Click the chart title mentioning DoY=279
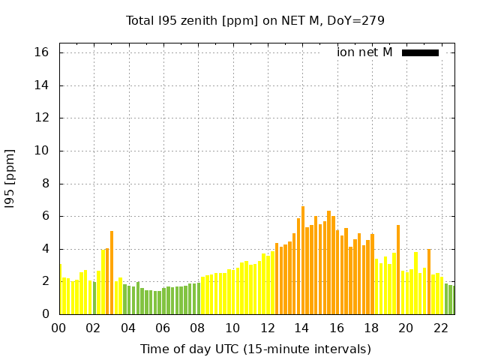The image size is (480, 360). coord(255,20)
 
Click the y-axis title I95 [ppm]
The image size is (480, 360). coord(10,178)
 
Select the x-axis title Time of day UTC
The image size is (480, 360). coord(255,349)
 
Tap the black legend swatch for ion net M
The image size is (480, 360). coord(420,52)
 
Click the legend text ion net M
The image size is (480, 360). coord(364,52)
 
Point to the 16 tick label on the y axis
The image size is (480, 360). coord(42,52)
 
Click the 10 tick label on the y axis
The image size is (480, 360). coord(42,151)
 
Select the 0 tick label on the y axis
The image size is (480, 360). coord(46,314)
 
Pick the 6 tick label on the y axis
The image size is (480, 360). coord(46,216)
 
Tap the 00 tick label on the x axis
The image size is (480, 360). coord(58,328)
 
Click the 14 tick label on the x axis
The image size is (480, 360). coord(302,328)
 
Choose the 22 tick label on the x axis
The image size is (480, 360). coord(442,328)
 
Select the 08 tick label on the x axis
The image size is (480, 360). coord(198,328)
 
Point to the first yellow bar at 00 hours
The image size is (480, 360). coord(60,289)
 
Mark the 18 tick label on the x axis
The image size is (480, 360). coord(372,328)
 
